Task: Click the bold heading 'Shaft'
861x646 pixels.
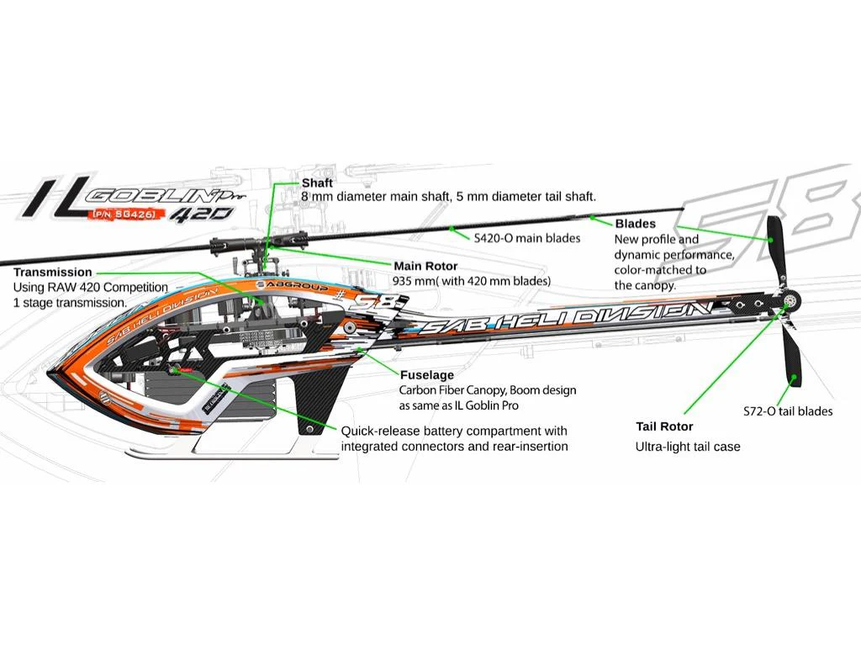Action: [317, 183]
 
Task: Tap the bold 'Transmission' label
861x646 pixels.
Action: [52, 273]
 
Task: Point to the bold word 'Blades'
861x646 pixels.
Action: [635, 224]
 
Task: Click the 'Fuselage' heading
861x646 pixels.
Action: [426, 375]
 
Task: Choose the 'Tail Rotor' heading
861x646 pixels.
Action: [664, 426]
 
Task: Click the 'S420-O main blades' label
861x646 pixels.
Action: [527, 238]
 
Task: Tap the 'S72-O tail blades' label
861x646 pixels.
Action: [788, 411]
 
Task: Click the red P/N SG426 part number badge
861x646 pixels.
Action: [121, 215]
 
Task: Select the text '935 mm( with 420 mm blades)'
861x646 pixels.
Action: [471, 281]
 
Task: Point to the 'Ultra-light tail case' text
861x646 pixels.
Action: [688, 447]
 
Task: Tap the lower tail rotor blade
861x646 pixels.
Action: [791, 357]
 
